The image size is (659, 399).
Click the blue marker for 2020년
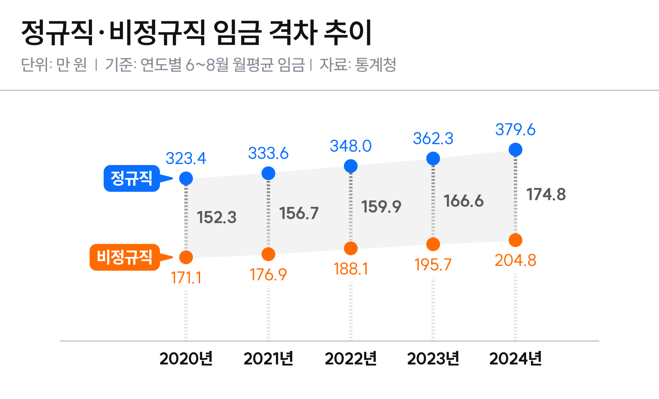186,178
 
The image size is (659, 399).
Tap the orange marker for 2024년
515,240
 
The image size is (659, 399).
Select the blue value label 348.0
350,146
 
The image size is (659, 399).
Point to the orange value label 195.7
433,265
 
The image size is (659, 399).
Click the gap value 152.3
217,218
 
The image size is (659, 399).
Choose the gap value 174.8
546,195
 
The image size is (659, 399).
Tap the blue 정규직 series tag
131,178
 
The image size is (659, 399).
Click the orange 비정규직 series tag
124,257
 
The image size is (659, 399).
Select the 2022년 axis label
350,359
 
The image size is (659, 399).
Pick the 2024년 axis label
515,359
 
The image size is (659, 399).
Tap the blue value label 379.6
515,130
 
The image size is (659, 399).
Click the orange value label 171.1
186,278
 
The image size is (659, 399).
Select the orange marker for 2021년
268,254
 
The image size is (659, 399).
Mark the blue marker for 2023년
433,159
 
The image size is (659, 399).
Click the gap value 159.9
381,207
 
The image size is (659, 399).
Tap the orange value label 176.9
268,275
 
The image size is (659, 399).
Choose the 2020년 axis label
186,359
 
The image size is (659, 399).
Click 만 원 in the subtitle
71,64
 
